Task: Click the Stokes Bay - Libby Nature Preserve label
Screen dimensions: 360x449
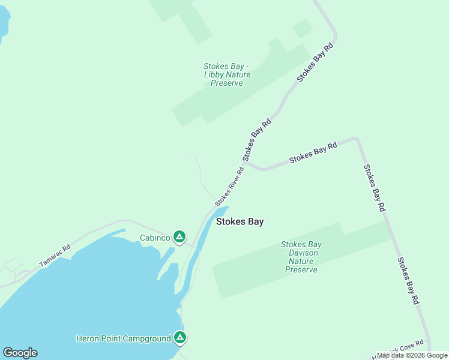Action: [x=227, y=75]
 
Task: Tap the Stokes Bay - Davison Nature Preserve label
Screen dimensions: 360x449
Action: [x=301, y=257]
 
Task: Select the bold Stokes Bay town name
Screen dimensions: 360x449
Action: [x=240, y=221]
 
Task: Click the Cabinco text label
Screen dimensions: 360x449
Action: [x=154, y=237]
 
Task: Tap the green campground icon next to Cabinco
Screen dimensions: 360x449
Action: [x=179, y=236]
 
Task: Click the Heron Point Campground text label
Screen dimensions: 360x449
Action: [x=124, y=338]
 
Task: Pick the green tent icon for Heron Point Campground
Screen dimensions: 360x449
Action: [x=179, y=338]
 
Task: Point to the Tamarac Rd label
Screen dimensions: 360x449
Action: [x=55, y=256]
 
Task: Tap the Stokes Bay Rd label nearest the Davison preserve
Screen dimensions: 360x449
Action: [x=408, y=281]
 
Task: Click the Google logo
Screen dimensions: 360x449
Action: [x=20, y=353]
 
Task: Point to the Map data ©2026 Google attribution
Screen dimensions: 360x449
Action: [x=412, y=355]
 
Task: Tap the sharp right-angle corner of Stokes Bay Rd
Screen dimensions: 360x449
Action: [x=357, y=139]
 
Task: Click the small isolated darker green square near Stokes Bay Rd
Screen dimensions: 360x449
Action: [x=302, y=28]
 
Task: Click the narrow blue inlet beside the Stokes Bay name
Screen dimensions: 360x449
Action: [x=204, y=234]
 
